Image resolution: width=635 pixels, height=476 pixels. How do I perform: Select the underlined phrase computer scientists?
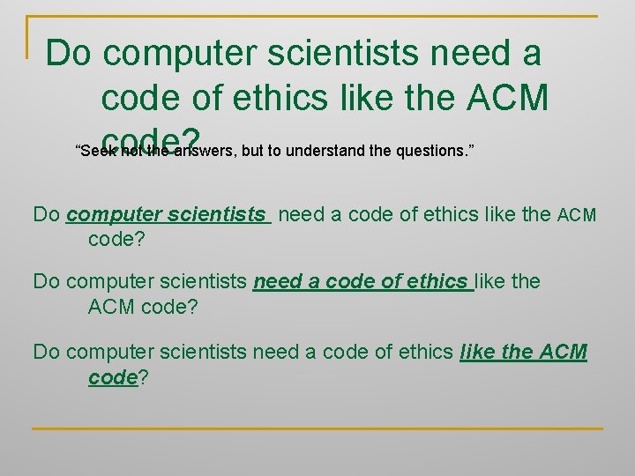[x=167, y=214]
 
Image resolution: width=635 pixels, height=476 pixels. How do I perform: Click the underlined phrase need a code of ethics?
[x=362, y=282]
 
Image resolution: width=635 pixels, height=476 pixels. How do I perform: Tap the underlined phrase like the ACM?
[x=524, y=353]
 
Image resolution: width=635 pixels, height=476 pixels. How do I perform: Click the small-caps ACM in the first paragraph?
[x=578, y=215]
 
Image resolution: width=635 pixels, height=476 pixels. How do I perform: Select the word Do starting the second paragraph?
[x=47, y=282]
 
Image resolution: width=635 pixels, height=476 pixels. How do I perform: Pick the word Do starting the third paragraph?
[x=47, y=353]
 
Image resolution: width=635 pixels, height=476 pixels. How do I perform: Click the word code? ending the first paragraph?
[x=117, y=239]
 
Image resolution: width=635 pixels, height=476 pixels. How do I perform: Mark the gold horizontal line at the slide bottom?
[x=317, y=428]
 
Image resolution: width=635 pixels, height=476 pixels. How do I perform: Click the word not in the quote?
[x=131, y=151]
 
